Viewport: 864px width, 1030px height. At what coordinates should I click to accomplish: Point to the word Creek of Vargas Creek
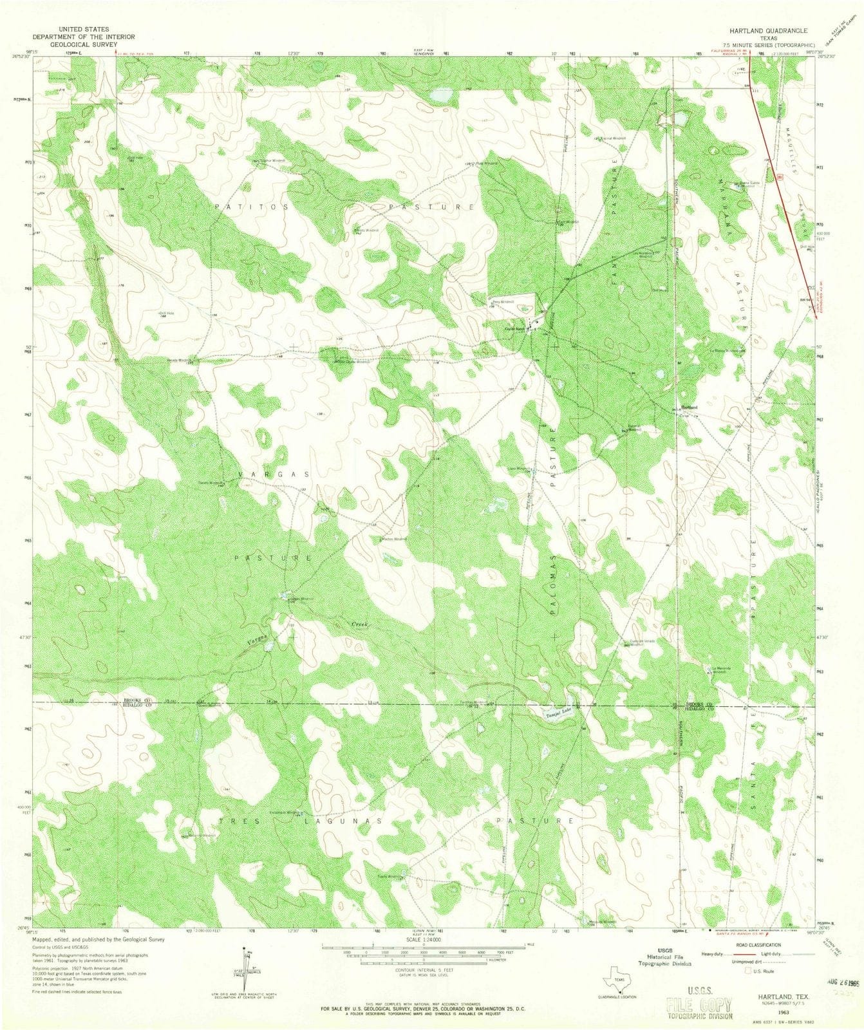click(x=359, y=624)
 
